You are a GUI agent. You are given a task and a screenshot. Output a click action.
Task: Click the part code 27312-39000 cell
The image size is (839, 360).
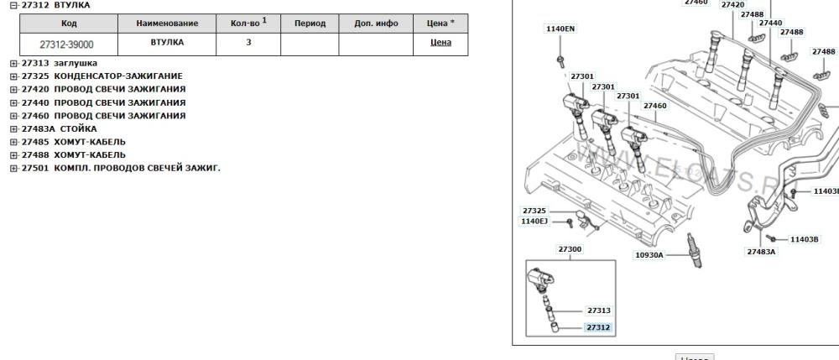click(66, 44)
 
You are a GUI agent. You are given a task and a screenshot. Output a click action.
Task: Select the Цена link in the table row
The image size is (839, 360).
click(440, 42)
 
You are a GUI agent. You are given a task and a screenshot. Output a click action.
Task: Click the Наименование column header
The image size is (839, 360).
click(167, 23)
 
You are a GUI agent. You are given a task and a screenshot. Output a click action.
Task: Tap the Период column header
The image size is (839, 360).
click(310, 23)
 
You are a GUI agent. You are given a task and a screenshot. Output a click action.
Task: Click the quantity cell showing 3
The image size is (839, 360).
click(248, 42)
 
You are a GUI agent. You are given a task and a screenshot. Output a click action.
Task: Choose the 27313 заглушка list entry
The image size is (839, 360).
click(59, 63)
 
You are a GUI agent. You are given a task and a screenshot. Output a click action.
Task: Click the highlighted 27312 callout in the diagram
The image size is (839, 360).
click(598, 327)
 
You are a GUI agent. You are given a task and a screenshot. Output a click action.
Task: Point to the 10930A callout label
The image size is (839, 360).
click(648, 254)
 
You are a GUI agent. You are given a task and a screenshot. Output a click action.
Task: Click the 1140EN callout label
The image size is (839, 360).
click(560, 29)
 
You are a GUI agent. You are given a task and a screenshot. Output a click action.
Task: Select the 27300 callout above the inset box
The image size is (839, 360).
click(570, 249)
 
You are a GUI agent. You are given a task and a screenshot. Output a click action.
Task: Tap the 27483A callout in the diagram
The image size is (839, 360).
click(761, 251)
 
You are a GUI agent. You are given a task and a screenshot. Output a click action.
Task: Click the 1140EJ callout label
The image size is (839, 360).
click(534, 222)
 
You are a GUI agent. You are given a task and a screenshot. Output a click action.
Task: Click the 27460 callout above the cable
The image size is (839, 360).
click(655, 106)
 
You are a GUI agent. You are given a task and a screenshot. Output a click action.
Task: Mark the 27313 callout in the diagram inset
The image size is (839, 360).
click(598, 310)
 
